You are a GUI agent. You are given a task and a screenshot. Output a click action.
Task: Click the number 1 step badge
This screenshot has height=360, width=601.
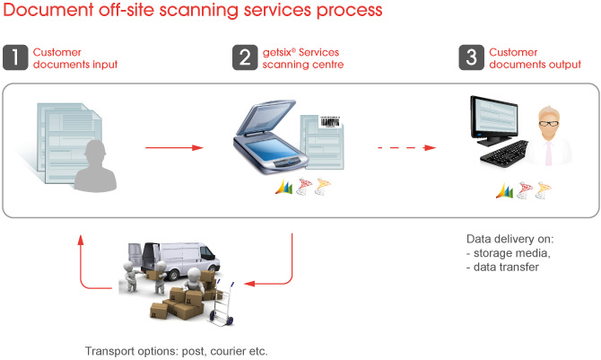coord(15,57)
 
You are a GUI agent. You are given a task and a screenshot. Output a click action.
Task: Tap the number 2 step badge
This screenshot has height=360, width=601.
coord(245,57)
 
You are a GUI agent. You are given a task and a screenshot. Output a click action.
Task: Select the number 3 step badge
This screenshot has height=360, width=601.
coord(472,57)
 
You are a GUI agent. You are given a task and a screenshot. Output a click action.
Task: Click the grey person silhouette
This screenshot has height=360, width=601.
coord(95,166)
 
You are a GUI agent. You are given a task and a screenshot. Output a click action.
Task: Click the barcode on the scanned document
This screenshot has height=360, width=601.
coord(329,122)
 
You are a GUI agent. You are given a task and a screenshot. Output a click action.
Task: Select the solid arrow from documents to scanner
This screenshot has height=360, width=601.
coord(174,148)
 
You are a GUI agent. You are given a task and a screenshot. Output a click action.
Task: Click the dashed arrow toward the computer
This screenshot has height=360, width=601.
coord(407,148)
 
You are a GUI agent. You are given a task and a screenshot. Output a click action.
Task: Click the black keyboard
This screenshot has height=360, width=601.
coord(505,154)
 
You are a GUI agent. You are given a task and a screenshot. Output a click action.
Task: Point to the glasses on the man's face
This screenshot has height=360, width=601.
coord(549,124)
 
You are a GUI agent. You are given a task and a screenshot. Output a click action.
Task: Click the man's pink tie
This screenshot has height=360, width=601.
coord(549,154)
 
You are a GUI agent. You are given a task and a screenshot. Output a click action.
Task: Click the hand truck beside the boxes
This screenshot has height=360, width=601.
coord(222,304)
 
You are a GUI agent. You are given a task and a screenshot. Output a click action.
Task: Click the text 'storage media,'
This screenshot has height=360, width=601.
coord(512,253)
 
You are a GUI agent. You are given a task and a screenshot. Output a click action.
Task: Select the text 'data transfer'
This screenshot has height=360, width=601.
coord(506,268)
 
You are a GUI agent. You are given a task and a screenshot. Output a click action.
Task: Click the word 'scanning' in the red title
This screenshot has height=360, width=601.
coord(199,11)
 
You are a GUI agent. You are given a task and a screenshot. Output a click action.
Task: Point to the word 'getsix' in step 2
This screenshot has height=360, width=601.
coord(277,53)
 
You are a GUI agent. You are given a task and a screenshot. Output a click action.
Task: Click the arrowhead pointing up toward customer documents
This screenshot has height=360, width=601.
coord(81,240)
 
